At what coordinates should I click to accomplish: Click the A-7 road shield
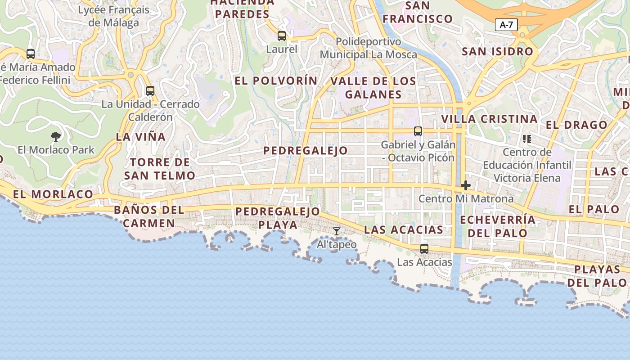(506, 25)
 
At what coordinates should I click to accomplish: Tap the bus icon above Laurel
(282, 36)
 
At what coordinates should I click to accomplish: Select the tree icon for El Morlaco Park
(56, 136)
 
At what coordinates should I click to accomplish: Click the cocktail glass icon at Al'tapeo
(336, 231)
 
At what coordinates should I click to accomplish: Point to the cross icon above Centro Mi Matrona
(466, 185)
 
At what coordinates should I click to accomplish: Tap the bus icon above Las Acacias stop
(424, 248)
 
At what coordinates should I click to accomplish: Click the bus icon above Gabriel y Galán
(418, 131)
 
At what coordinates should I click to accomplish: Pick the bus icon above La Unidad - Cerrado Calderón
(150, 90)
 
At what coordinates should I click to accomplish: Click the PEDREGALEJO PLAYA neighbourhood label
(278, 218)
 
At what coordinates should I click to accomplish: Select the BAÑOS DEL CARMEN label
(149, 216)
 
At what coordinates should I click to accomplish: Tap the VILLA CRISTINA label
(490, 119)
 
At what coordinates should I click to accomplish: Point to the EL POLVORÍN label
(276, 81)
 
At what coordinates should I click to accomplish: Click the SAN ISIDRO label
(498, 51)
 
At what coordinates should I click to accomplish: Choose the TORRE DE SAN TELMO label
(160, 169)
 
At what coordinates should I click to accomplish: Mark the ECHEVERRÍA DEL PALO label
(498, 226)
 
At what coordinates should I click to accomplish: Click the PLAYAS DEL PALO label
(597, 276)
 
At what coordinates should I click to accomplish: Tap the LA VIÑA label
(141, 137)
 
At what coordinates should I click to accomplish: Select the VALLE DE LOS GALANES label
(373, 88)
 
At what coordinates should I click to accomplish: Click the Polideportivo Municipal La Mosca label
(369, 48)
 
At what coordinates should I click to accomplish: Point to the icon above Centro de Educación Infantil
(527, 139)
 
